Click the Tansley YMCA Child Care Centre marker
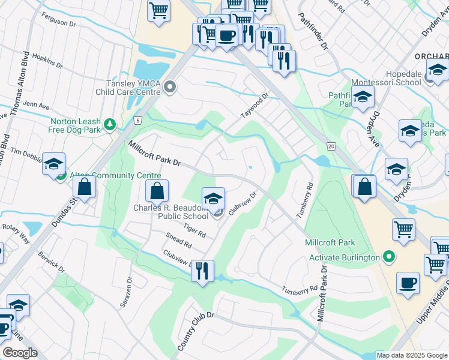click(170, 88)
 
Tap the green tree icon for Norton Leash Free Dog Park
click(109, 124)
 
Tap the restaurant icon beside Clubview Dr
click(202, 271)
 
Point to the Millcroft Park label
click(330, 243)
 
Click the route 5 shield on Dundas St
click(137, 121)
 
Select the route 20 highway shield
click(331, 146)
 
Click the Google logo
click(19, 353)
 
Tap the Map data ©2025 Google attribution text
click(411, 355)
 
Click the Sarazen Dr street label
click(127, 292)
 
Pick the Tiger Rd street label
click(194, 230)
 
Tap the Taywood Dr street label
click(255, 104)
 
